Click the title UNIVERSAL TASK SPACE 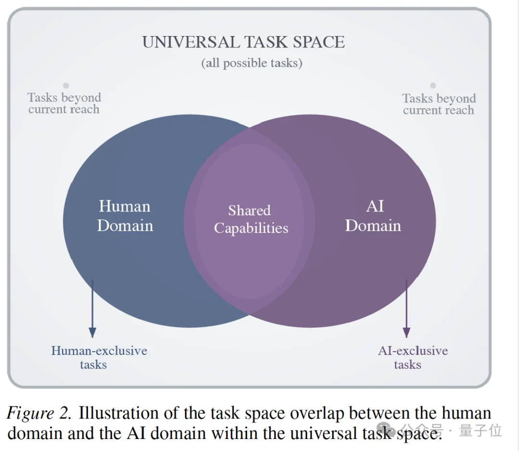pos(243,42)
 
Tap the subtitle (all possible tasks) pos(251,63)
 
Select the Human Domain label pos(125,216)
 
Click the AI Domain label pos(373,216)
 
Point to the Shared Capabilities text pos(250,219)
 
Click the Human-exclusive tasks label pos(99,357)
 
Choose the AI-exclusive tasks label pos(412,357)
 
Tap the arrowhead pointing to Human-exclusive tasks pos(92,332)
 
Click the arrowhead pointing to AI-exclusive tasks pos(407,332)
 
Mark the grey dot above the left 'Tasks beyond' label pos(66,85)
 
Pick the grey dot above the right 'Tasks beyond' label pos(433,85)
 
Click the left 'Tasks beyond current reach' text pos(64,103)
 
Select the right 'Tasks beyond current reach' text pos(439,104)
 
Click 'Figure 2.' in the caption pos(39,414)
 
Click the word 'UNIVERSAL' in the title pos(190,42)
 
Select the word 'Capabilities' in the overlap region pos(251,228)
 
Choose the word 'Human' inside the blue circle pos(124,206)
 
